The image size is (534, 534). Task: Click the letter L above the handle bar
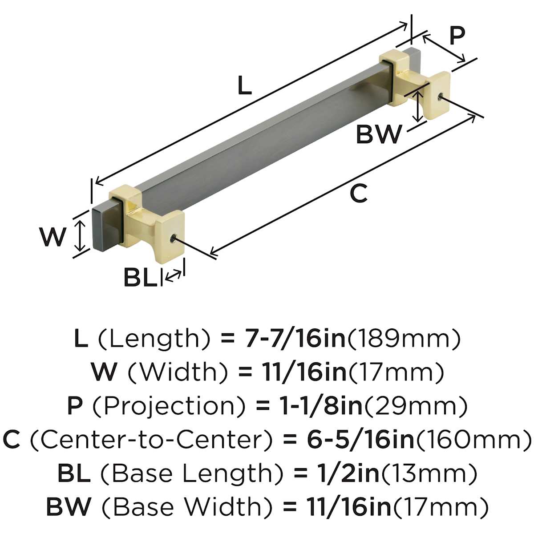pos(244,85)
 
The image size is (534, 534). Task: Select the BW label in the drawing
pos(379,134)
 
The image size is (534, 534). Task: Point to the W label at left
pos(53,236)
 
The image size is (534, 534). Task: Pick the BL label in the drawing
pos(140,278)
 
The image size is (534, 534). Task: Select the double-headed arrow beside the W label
pos(79,236)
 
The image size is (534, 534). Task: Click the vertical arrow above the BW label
pos(417,106)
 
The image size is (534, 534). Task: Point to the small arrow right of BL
pos(173,275)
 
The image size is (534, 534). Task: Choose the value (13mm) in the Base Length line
pos(429,473)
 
